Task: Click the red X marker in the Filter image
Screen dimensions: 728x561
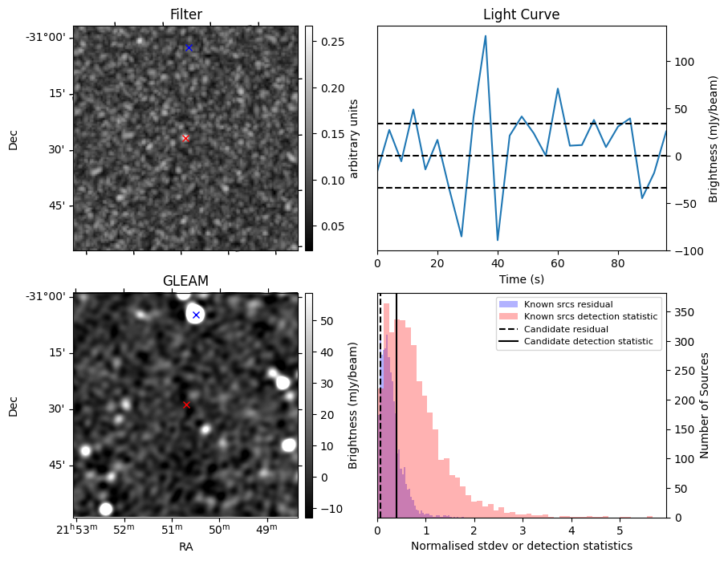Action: pos(185,138)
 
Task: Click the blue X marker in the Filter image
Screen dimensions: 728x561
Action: pos(189,48)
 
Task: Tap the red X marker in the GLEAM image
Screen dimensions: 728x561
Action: pos(187,405)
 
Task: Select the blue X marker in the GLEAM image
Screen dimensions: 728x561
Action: pos(197,315)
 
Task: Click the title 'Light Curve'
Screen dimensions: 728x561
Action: pos(522,14)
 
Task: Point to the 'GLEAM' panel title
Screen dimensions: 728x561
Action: pos(185,281)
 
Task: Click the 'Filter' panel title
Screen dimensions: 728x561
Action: pos(186,14)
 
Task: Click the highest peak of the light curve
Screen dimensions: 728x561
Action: pos(485,36)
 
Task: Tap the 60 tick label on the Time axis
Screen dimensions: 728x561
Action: pos(558,264)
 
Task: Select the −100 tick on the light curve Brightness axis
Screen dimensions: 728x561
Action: pos(682,251)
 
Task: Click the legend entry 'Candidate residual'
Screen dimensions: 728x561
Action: pos(566,329)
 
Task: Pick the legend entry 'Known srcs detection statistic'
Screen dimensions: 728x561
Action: pos(591,317)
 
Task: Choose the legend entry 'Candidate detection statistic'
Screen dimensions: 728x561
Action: pos(588,341)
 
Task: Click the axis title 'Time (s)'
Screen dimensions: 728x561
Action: pos(522,279)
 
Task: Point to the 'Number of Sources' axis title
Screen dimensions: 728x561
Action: pos(704,405)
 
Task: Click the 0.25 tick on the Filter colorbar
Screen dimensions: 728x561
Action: pos(333,42)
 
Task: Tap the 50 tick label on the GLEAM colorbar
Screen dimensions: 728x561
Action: pos(327,321)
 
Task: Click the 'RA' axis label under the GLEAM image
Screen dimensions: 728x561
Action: pos(185,547)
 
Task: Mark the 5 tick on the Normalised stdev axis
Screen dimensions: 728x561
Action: pos(620,531)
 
